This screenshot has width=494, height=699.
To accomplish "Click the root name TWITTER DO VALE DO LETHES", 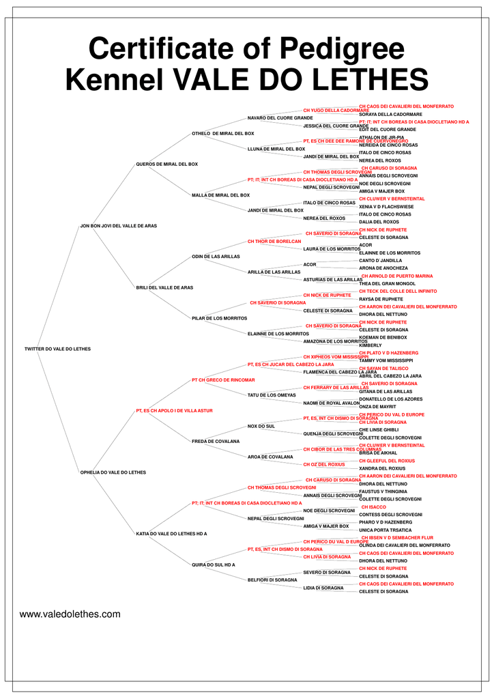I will [57, 349].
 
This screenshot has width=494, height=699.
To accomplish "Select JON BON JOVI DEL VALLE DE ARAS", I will [119, 225].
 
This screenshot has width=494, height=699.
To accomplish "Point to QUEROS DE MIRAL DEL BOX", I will [166, 164].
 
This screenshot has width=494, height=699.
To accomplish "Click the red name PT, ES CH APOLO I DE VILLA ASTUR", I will [175, 410].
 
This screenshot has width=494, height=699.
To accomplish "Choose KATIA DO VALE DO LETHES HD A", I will [171, 533].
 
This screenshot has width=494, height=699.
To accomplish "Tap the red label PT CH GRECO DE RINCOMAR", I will [223, 380].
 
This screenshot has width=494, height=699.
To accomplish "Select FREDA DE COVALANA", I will [216, 442].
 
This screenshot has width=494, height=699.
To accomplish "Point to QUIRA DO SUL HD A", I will [214, 565].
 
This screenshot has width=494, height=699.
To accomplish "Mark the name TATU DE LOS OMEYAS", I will [272, 395].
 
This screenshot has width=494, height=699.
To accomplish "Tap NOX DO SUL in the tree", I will [261, 426].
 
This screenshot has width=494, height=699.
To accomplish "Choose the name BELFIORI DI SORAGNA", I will [272, 580].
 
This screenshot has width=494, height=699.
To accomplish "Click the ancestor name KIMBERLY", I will [370, 345].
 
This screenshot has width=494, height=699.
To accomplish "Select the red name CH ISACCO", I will [374, 507].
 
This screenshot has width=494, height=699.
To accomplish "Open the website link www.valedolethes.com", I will [70, 614].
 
